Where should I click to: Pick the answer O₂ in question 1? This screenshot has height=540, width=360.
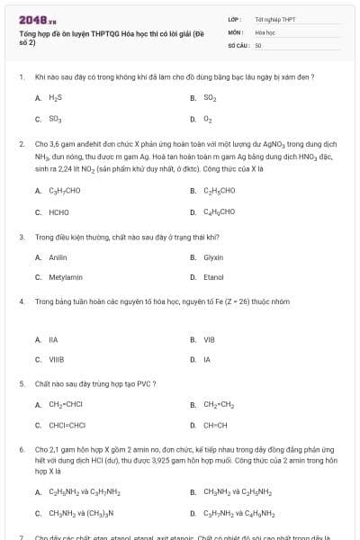208,118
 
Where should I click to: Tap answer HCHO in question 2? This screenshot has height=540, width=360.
58,211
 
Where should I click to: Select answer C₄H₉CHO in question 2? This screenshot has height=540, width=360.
220,211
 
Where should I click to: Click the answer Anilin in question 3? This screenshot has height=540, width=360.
58,257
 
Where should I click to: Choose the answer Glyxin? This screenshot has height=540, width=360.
213,257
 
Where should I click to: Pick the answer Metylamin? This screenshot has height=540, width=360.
65,277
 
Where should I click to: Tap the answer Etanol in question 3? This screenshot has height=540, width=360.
213,277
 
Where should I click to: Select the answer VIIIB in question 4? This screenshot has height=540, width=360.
56,359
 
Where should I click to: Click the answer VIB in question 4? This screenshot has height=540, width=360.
209,339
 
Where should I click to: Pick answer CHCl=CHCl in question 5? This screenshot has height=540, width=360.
67,425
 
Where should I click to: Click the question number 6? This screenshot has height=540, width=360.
21,448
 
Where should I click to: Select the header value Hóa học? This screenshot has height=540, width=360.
265,31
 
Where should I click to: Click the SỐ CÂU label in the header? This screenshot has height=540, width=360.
238,44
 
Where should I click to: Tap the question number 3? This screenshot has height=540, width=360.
21,237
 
